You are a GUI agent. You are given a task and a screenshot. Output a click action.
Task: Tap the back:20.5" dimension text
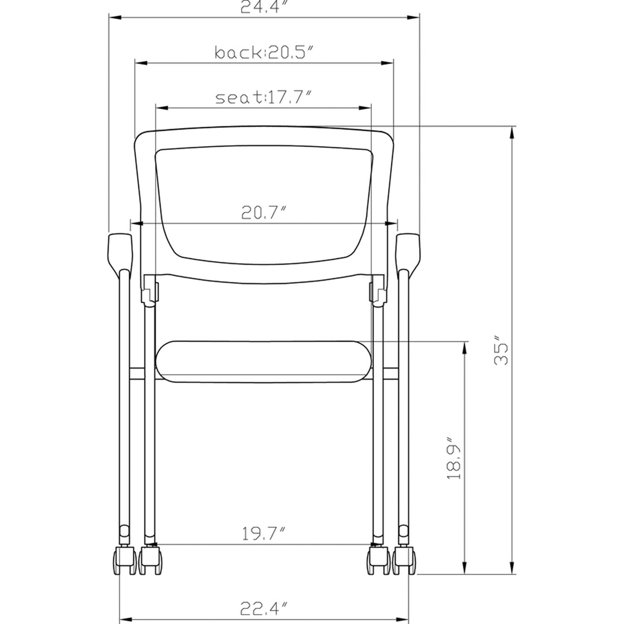coord(264,53)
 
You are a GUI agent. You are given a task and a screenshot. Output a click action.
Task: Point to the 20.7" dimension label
coord(264,213)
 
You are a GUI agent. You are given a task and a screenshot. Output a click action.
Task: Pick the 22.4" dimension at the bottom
coord(264,609)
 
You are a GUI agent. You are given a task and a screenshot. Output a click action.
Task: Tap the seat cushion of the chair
coord(264,361)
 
